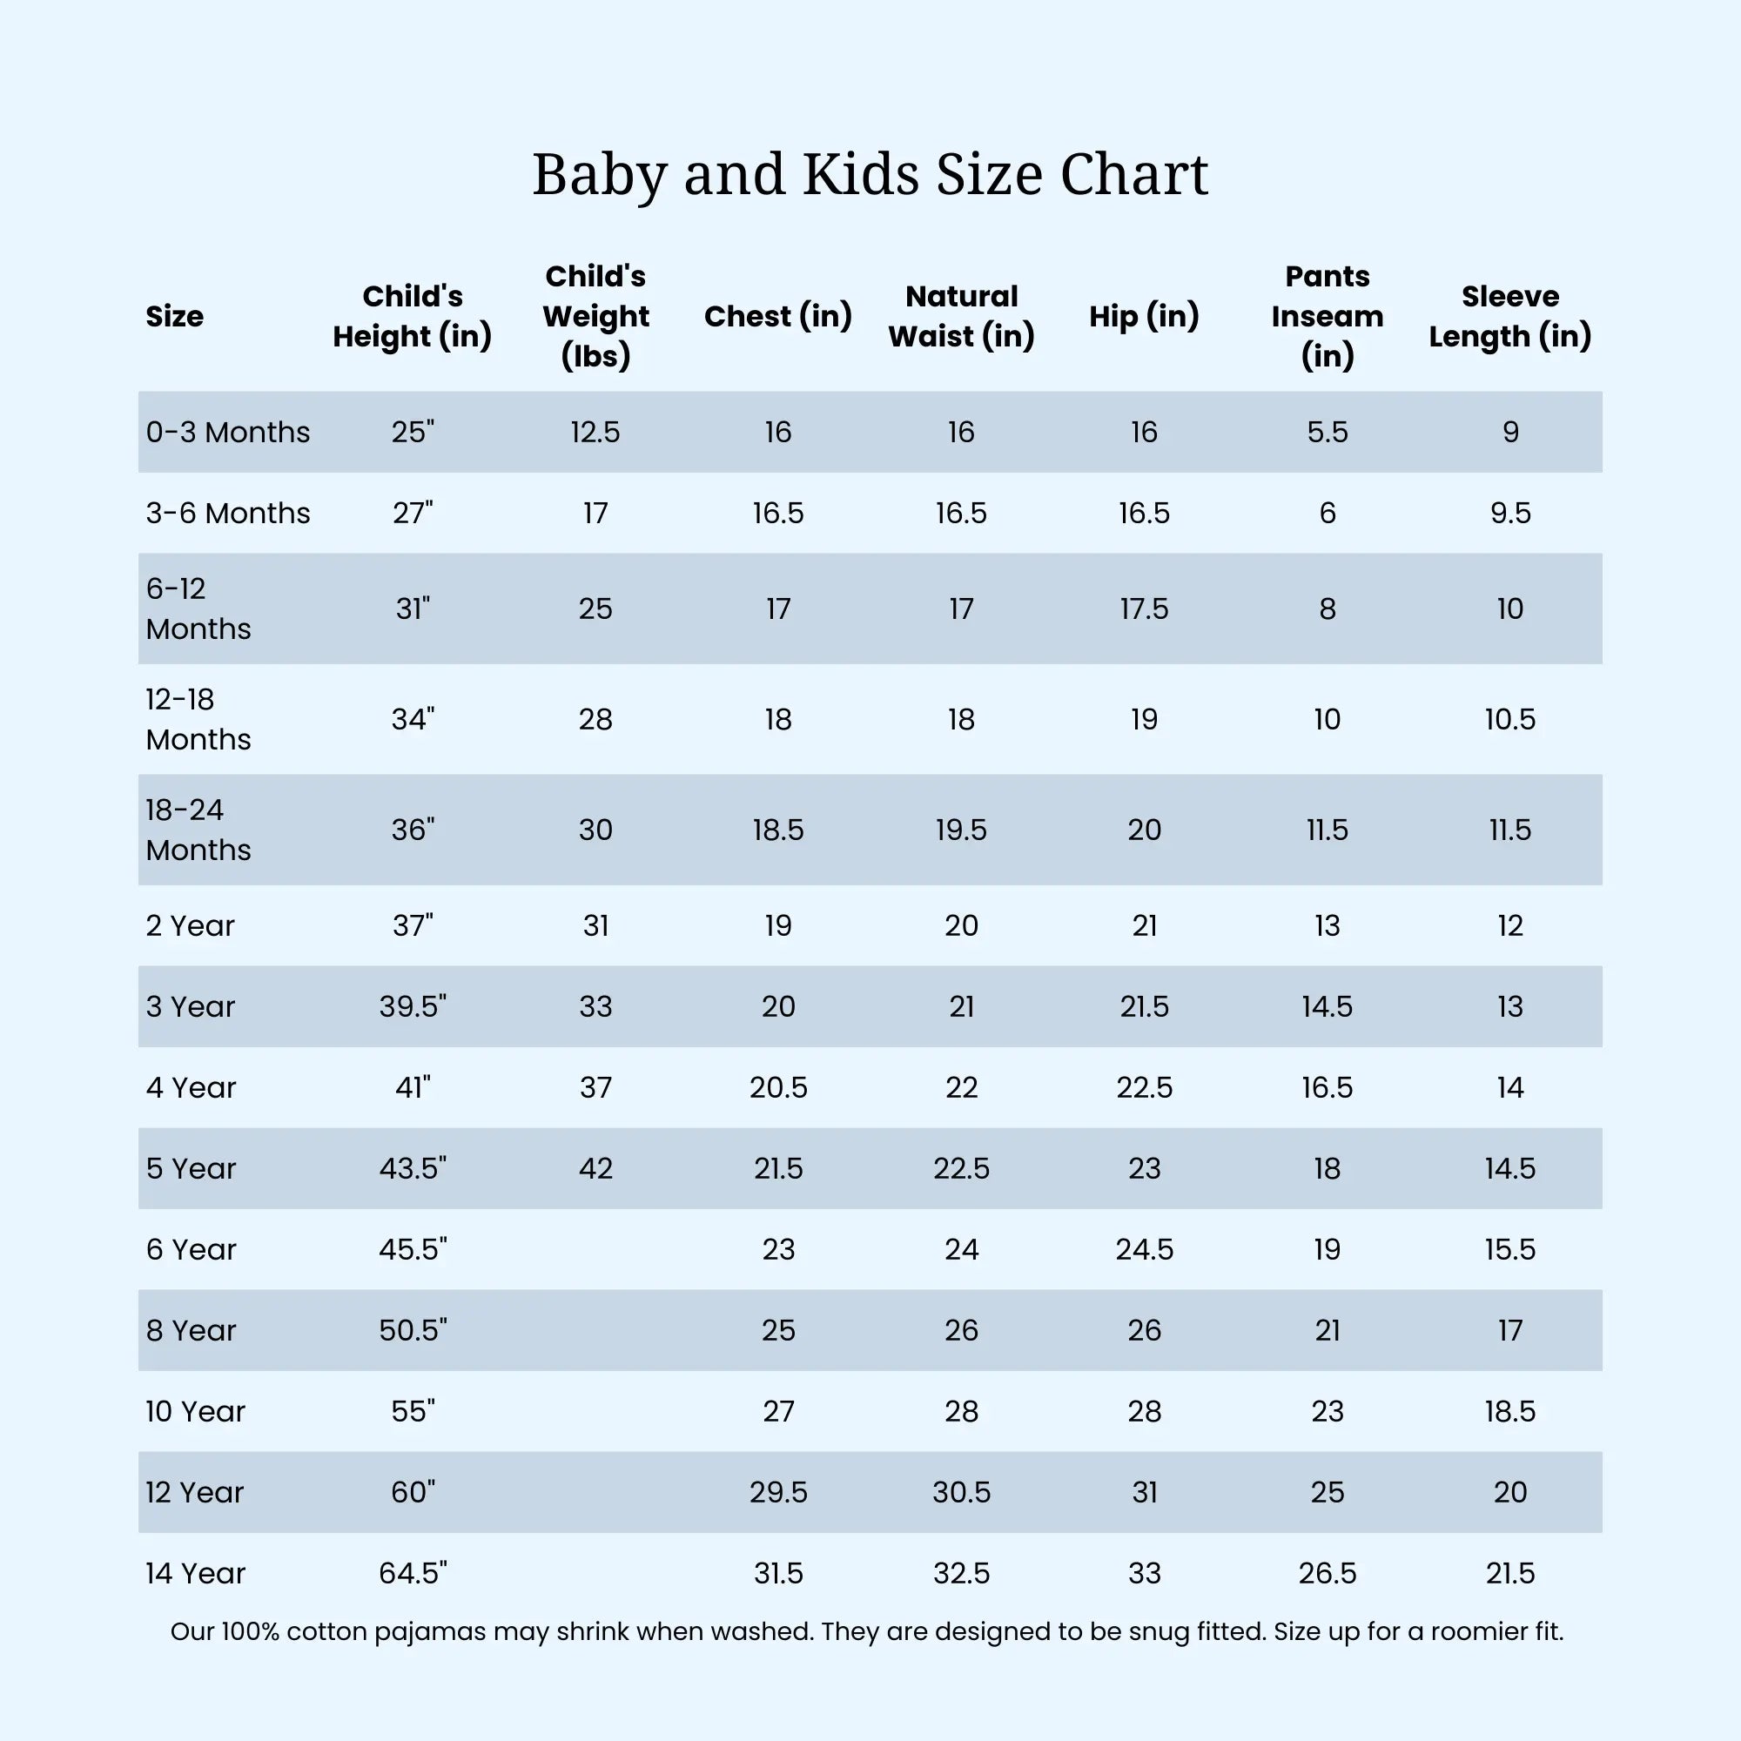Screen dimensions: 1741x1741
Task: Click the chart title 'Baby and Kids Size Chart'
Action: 870,174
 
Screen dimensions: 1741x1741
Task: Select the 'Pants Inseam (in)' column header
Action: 1327,315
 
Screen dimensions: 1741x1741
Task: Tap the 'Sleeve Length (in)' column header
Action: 1509,315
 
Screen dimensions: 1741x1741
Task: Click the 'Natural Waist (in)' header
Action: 961,315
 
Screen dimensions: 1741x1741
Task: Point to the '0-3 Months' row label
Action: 227,433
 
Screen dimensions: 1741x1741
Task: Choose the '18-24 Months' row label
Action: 198,829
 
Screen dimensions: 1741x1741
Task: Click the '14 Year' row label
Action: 195,1572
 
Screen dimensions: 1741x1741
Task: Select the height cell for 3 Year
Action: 413,1006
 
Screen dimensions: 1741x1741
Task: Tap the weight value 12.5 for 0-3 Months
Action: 595,433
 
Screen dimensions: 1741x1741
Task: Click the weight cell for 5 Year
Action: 595,1168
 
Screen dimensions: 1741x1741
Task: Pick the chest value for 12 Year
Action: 777,1492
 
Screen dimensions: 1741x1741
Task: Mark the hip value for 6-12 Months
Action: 1144,609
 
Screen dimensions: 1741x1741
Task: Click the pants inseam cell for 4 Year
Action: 1327,1087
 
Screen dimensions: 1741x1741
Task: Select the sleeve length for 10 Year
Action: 1509,1411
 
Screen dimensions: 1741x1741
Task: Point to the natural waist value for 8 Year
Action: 961,1330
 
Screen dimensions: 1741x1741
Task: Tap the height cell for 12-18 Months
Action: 413,719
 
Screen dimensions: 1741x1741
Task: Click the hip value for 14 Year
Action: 1144,1572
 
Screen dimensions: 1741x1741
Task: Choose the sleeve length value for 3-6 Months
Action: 1509,513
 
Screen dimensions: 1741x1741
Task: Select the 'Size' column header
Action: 174,316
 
